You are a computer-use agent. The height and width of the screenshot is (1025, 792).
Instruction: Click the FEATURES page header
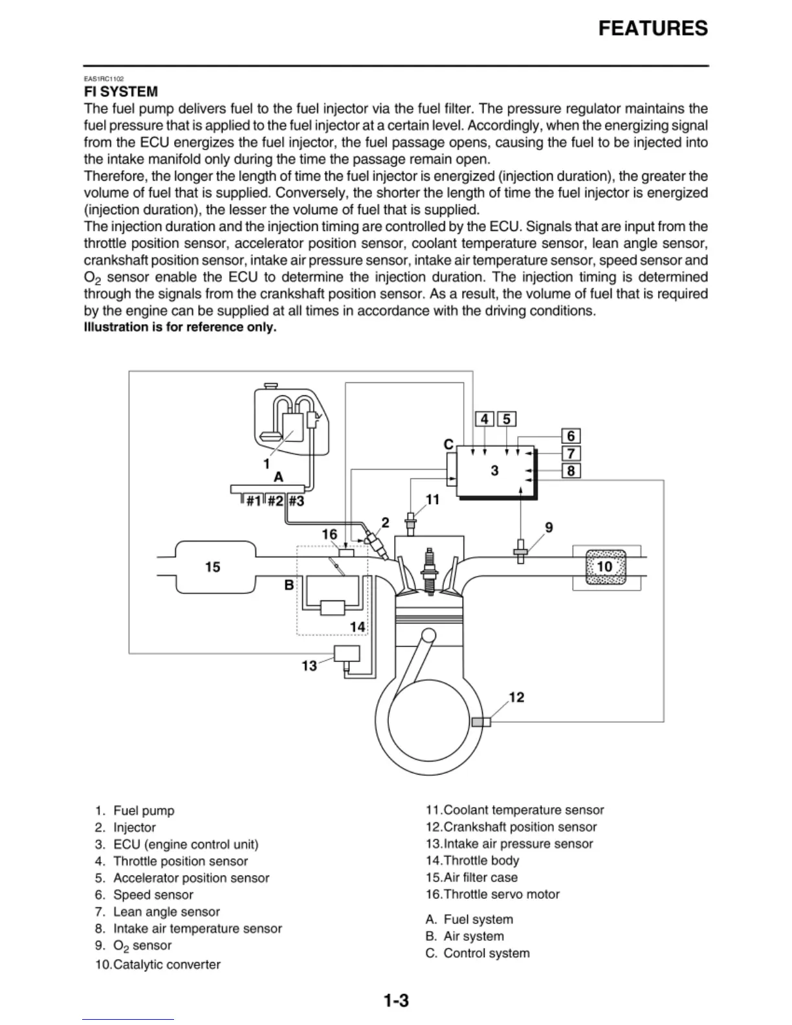pyautogui.click(x=652, y=29)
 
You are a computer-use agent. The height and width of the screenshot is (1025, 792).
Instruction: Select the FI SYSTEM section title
pyautogui.click(x=121, y=92)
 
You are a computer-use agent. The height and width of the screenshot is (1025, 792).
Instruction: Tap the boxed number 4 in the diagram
pyautogui.click(x=485, y=419)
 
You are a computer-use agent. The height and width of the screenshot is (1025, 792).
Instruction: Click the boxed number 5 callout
pyautogui.click(x=506, y=419)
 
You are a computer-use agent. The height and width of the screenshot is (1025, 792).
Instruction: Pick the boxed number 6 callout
pyautogui.click(x=570, y=436)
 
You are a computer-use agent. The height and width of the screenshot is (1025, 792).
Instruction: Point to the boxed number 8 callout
pyautogui.click(x=570, y=471)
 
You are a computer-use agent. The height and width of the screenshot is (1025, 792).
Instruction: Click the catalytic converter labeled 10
pyautogui.click(x=604, y=567)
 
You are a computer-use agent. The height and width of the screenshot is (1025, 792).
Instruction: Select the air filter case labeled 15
pyautogui.click(x=212, y=567)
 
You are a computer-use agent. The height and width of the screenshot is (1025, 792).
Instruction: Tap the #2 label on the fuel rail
pyautogui.click(x=276, y=501)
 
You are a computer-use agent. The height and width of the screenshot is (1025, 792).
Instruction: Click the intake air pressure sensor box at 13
pyautogui.click(x=346, y=654)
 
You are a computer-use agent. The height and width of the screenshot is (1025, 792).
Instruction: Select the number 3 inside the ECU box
pyautogui.click(x=495, y=470)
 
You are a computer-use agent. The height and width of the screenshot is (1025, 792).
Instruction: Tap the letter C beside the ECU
pyautogui.click(x=448, y=445)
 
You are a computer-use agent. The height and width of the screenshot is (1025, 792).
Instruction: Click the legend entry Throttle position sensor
pyautogui.click(x=181, y=861)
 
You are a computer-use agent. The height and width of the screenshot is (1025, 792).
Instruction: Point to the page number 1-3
pyautogui.click(x=396, y=1001)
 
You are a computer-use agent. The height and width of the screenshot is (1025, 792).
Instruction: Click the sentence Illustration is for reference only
pyautogui.click(x=180, y=327)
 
